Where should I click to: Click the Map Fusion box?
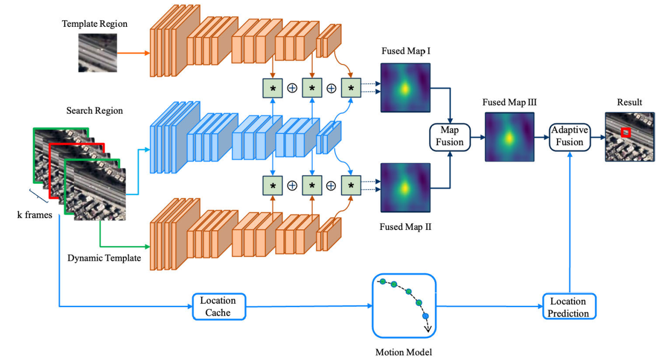450,137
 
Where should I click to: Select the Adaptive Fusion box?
569,137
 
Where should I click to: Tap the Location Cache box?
218,306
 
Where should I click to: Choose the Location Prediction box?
568,307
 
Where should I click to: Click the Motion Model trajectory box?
404,306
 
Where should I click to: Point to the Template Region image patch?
97,52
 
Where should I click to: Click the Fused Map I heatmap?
405,87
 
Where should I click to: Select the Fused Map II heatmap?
405,187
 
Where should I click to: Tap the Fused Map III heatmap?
510,137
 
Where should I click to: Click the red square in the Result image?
626,133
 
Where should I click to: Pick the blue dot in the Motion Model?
425,316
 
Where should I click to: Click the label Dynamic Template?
104,258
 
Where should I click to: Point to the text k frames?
35,214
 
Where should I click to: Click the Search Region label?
95,111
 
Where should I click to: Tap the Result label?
629,102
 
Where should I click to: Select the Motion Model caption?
404,352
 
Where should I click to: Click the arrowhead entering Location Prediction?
540,307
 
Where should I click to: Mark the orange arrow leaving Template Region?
133,53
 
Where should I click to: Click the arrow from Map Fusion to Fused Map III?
477,137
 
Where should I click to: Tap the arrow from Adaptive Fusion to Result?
598,137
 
